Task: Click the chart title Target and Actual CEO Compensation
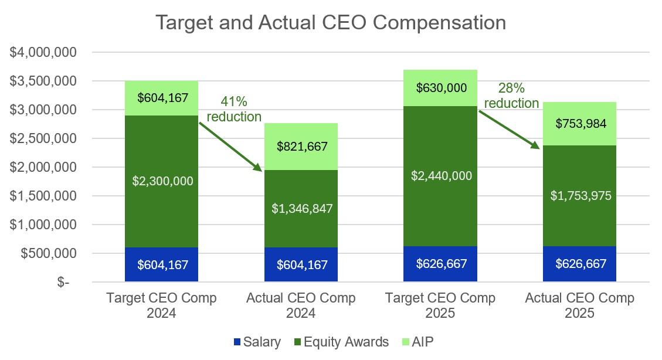click(330, 22)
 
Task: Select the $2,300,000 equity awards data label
click(162, 181)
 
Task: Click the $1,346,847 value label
click(301, 208)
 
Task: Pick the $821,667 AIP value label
click(301, 147)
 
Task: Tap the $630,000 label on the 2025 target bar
click(440, 88)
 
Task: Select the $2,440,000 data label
click(440, 175)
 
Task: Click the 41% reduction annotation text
click(234, 109)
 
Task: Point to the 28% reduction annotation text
click(511, 96)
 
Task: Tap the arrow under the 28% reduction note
click(509, 130)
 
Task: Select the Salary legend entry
click(256, 342)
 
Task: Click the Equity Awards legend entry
click(341, 342)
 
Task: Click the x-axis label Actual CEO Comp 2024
click(301, 305)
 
